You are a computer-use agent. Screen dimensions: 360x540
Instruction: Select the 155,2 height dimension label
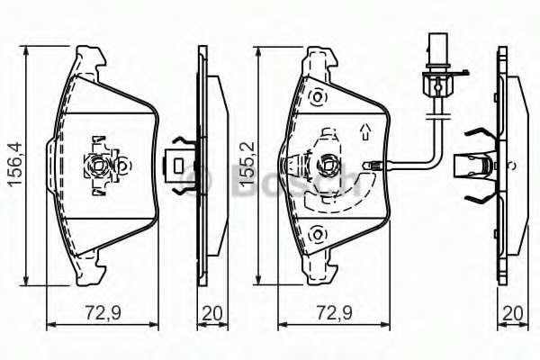pos(246,163)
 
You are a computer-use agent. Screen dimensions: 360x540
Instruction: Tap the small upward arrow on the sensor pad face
pos(364,133)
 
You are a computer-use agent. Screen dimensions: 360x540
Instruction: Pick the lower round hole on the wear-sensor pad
pos(316,235)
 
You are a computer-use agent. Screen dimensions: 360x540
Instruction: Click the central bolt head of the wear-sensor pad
pos(328,166)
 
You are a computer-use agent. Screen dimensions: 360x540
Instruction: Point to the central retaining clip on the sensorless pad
pos(98,165)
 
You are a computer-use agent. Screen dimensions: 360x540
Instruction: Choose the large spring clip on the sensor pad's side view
pos(477,165)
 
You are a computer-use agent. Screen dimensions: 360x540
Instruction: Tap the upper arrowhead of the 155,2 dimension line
pos(258,46)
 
